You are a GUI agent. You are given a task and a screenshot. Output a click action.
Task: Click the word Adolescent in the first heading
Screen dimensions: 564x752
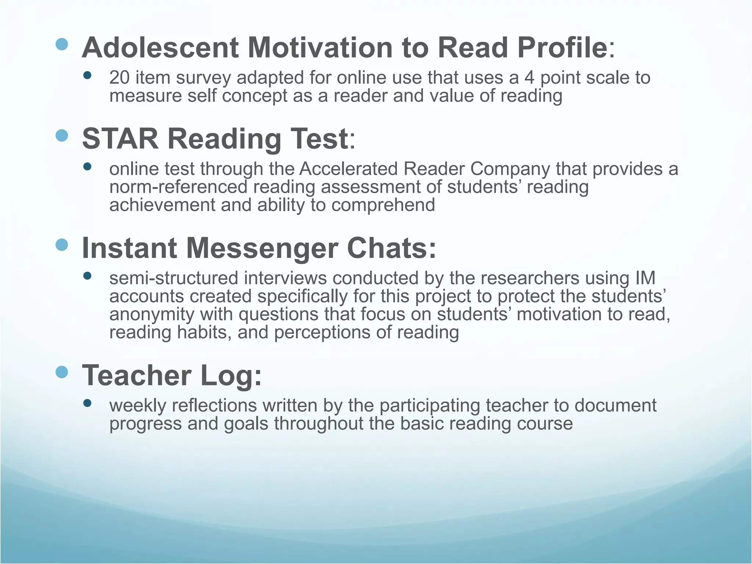click(160, 48)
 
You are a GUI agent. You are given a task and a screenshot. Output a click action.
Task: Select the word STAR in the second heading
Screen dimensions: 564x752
click(120, 139)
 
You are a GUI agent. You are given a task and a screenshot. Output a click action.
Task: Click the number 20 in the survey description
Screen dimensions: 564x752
click(119, 78)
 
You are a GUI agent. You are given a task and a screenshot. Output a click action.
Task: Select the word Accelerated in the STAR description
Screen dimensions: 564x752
click(348, 169)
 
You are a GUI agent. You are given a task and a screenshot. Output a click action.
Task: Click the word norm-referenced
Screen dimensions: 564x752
click(178, 187)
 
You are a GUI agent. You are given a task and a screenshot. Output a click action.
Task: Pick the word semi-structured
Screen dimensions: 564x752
click(174, 278)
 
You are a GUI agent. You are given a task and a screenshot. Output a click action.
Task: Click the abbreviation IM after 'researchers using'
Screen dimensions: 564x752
click(645, 278)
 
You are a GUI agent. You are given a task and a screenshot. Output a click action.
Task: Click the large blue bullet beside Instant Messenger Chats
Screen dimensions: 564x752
click(62, 245)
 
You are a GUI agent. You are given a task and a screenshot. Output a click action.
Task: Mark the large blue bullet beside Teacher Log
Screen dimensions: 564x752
click(62, 372)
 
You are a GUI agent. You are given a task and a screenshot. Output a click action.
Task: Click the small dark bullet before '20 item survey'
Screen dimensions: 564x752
click(87, 76)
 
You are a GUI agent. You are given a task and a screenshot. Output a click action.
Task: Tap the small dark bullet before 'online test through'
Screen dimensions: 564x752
click(87, 167)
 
